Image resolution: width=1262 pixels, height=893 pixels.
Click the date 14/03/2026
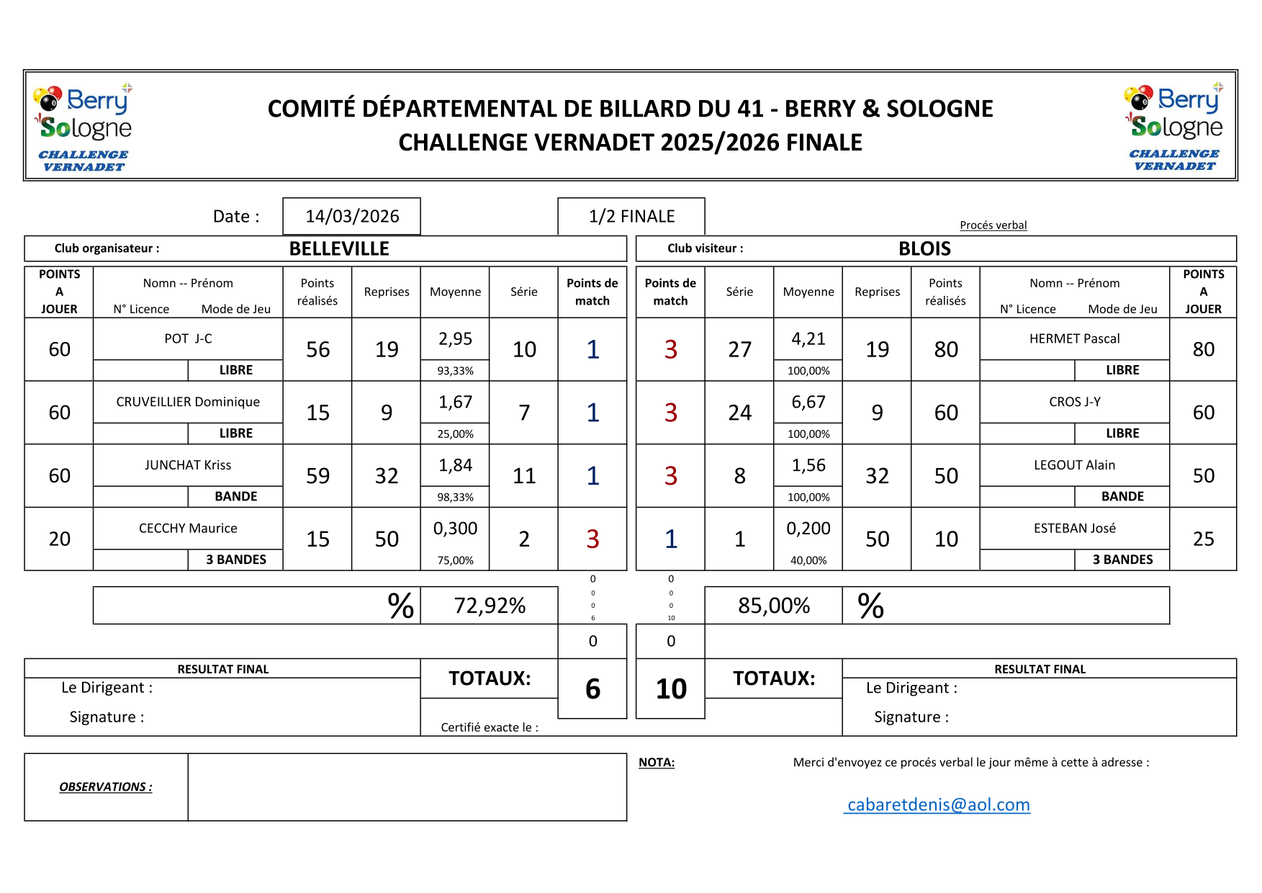click(352, 216)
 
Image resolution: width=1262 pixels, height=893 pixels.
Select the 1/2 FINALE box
click(631, 216)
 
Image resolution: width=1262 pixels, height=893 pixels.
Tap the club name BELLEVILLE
click(339, 249)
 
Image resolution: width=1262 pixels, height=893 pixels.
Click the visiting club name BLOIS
click(924, 249)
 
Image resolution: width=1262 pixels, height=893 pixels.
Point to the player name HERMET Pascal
click(1074, 338)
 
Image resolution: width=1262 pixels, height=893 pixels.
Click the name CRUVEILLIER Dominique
click(188, 402)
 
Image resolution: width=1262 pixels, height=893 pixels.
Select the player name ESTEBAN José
click(1074, 529)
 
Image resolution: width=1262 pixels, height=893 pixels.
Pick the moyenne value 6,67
click(808, 402)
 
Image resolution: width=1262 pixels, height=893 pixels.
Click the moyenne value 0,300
click(455, 529)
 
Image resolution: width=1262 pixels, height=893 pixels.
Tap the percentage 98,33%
click(455, 497)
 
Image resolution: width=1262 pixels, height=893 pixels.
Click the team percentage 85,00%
click(773, 606)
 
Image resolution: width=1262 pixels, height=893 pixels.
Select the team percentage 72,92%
click(490, 606)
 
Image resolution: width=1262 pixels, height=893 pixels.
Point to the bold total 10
click(671, 689)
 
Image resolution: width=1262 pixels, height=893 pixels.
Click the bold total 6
click(592, 689)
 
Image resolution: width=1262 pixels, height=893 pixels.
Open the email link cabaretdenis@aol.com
click(938, 804)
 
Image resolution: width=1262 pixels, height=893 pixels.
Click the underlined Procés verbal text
click(993, 225)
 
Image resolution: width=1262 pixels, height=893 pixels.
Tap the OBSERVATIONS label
click(106, 787)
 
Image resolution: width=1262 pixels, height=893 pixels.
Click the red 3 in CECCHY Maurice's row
click(592, 539)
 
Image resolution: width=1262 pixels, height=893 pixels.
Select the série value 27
click(739, 349)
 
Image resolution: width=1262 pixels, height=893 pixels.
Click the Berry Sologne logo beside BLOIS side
click(1173, 127)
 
